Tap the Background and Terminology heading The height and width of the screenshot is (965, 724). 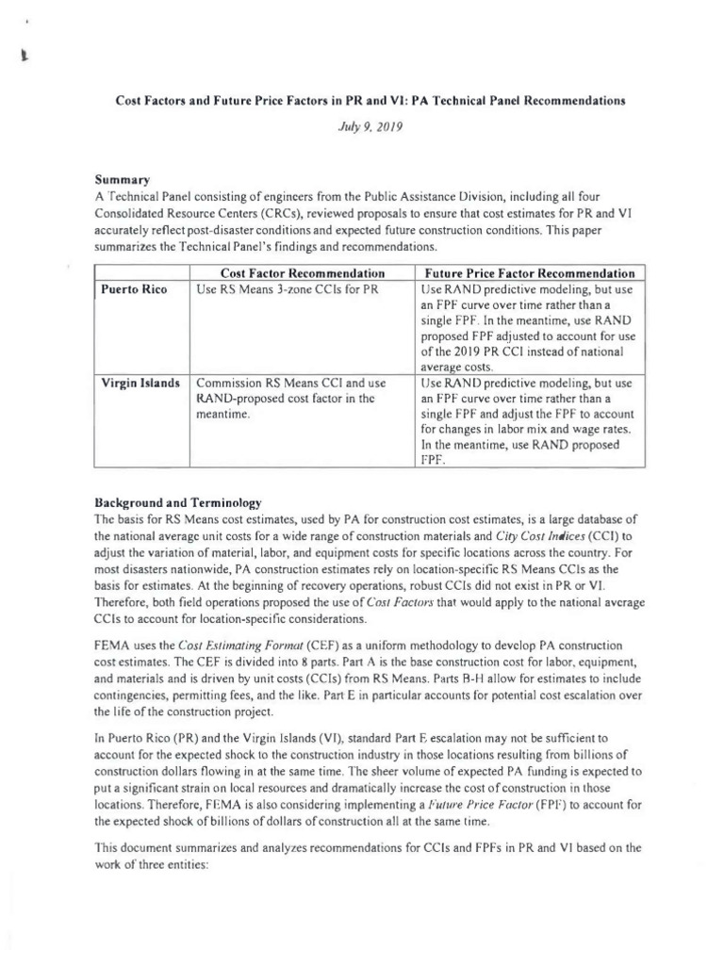coord(177,501)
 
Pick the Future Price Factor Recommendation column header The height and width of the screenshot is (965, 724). coord(527,272)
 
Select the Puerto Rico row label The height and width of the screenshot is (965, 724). coord(134,289)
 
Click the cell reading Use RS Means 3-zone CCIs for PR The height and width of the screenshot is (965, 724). coord(287,289)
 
